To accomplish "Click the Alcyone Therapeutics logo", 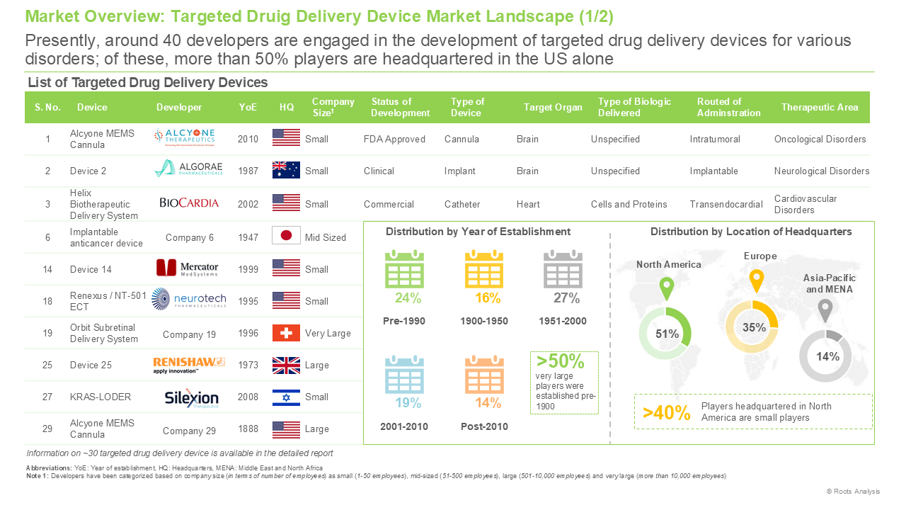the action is coord(185,137).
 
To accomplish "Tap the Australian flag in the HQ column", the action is coord(286,170).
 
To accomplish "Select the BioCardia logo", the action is coord(189,203).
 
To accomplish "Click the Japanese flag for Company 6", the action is coord(286,235).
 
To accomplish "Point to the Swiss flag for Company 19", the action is coord(286,333).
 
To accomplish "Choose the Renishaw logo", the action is coord(188,365).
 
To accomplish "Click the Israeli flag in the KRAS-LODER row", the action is coord(286,397).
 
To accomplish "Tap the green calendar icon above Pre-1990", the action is coord(404,269).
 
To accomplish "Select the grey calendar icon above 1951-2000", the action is coord(563,269).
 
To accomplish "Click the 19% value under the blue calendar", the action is coord(408,403).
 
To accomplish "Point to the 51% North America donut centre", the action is coord(667,334).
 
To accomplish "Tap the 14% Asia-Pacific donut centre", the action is coord(827,356).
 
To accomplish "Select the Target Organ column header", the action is coord(553,107).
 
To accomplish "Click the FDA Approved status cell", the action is coord(394,140).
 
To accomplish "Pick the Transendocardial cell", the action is coord(726,204).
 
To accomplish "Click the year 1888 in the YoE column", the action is coord(248,429).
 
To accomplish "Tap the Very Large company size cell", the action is coord(328,333).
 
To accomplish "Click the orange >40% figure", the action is coord(666,413).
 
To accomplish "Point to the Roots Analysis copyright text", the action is coord(853,491).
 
